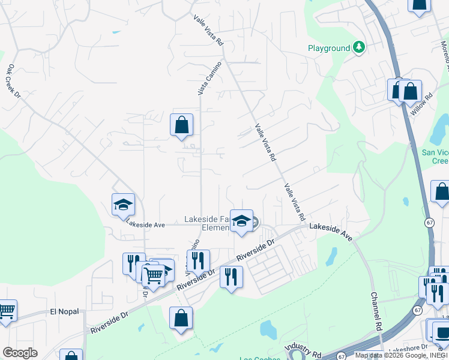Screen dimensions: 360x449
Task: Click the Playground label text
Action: [328, 48]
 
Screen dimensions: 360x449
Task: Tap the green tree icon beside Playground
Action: [359, 47]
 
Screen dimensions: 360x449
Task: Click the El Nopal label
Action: [64, 311]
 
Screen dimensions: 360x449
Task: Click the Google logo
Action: [20, 353]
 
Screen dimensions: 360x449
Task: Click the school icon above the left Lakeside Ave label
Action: [123, 205]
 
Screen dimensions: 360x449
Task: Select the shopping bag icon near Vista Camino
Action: [181, 125]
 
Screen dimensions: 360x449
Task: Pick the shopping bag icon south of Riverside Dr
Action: [181, 319]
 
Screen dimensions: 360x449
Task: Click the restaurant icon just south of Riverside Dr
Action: [231, 277]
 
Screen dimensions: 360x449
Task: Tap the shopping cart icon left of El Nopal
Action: [6, 311]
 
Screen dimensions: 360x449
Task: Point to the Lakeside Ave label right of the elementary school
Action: [330, 226]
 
